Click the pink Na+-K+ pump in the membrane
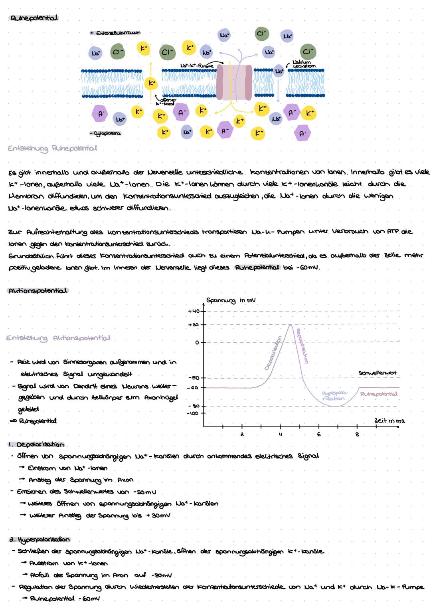[x=234, y=82]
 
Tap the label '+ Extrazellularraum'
[x=115, y=33]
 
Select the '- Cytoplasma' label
[x=105, y=133]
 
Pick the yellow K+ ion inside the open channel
[x=150, y=83]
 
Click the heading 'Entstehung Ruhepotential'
[x=52, y=149]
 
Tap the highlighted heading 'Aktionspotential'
[x=38, y=291]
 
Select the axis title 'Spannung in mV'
[x=231, y=301]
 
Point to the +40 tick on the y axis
[x=195, y=311]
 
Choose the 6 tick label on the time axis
[x=318, y=434]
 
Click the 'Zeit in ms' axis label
[x=389, y=421]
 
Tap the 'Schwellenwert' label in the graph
[x=378, y=373]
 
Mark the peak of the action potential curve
[x=290, y=325]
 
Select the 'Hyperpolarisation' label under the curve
[x=334, y=396]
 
